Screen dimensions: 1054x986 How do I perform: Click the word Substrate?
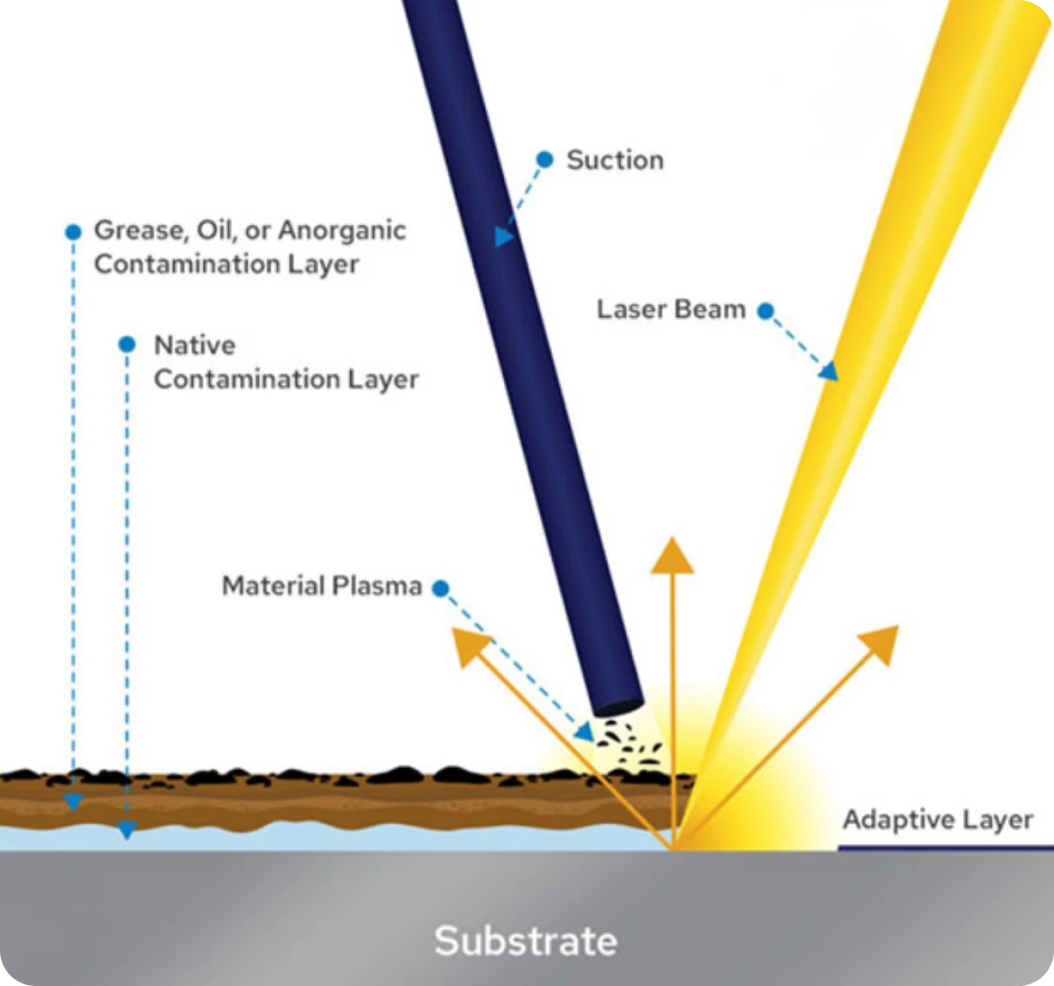coord(525,940)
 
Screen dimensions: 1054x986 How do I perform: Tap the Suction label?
coord(615,160)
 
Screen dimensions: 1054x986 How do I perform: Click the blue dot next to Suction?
coord(545,159)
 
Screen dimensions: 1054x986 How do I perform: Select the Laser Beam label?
coord(672,309)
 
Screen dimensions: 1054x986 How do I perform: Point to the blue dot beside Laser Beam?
coord(765,311)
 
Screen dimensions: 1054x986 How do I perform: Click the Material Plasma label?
coord(322,585)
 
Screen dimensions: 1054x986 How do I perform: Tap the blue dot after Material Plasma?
coord(440,589)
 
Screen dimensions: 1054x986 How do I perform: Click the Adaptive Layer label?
coord(938,820)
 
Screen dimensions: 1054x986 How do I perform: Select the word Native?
coord(195,345)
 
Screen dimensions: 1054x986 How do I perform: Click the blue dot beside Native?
coord(127,345)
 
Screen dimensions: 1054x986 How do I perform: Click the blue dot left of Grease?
coord(73,232)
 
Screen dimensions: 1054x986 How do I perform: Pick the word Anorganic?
coord(342,230)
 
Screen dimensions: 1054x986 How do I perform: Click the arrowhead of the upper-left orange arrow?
coord(469,645)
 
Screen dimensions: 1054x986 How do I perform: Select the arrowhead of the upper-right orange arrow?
coord(882,643)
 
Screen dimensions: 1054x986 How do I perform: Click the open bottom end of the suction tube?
coord(618,707)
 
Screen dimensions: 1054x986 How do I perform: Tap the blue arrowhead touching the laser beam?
coord(830,371)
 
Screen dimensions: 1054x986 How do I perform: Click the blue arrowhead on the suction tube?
coord(504,237)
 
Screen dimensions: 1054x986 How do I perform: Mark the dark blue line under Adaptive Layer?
coord(946,848)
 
